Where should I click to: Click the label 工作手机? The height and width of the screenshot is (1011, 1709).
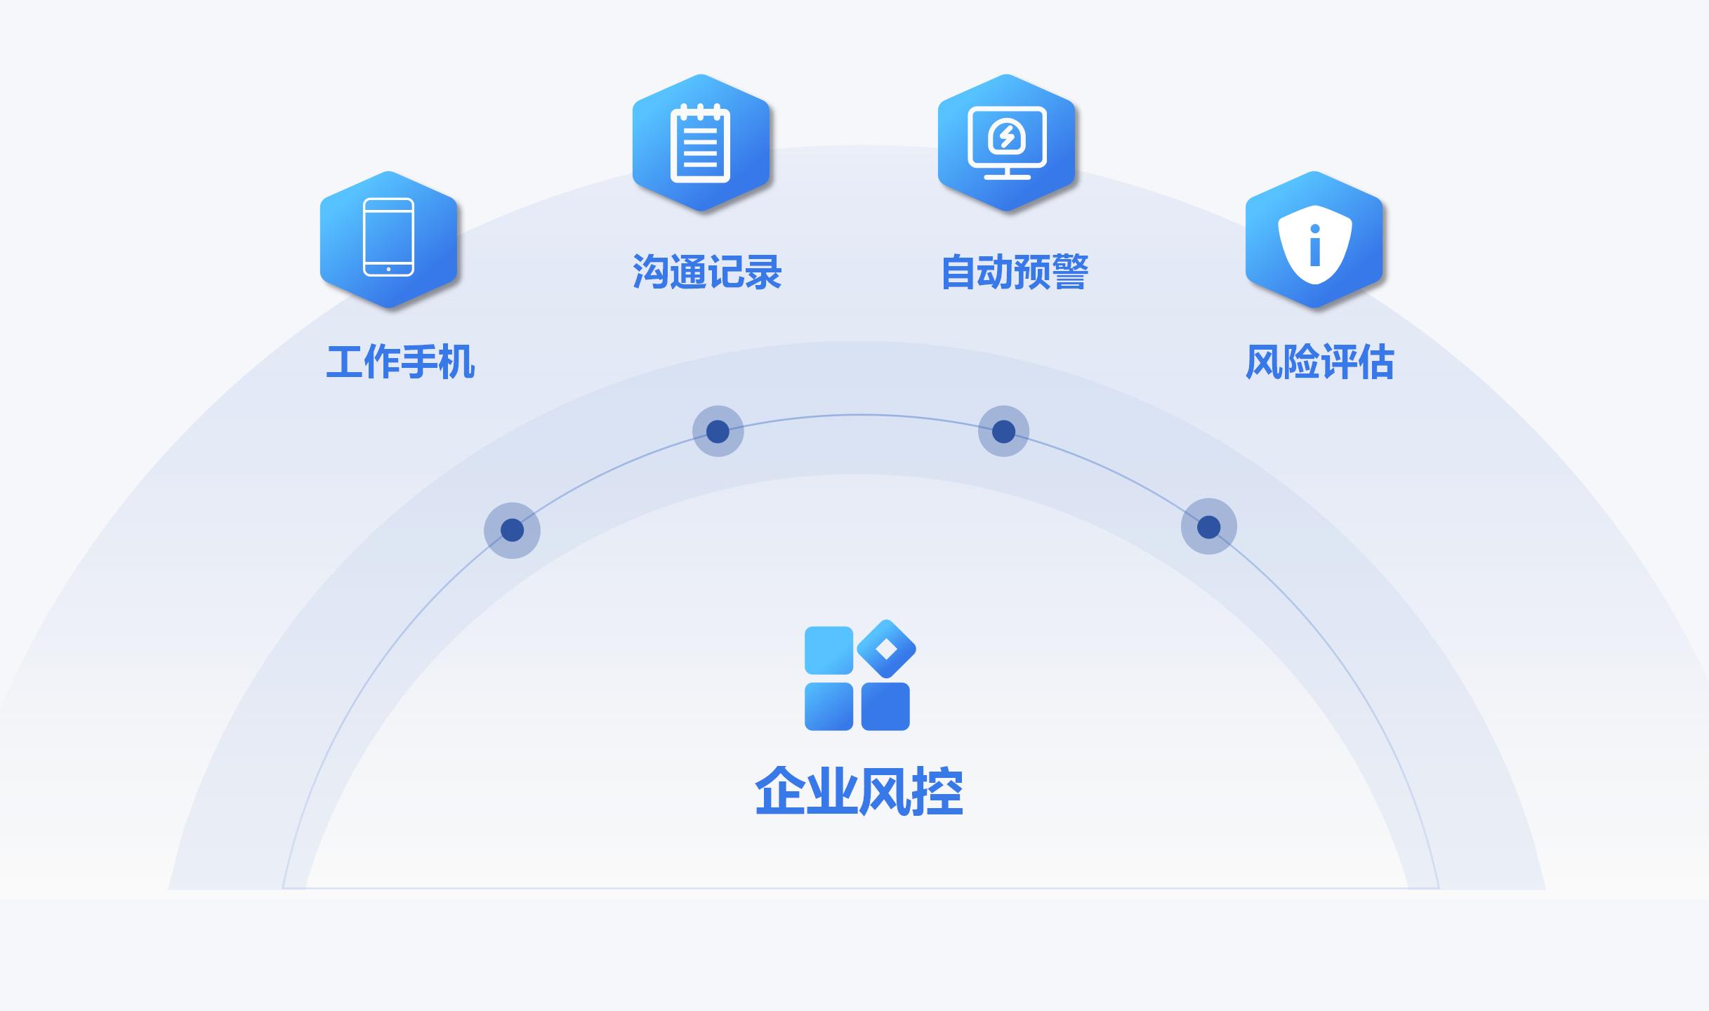pos(401,362)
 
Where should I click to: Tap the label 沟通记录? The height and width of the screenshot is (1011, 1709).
pos(707,272)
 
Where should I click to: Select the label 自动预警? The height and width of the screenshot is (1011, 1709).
pos(1015,272)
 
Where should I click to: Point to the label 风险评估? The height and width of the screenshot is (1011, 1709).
pos(1320,362)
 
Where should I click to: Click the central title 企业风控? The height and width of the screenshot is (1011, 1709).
pos(859,791)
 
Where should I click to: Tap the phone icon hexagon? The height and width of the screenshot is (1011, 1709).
pos(388,239)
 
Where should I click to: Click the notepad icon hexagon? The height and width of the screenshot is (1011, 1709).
pos(701,143)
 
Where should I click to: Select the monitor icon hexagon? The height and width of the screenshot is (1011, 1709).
pos(1007,143)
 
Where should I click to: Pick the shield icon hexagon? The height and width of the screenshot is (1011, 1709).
pos(1314,239)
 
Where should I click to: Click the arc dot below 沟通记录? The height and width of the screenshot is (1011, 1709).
pos(718,431)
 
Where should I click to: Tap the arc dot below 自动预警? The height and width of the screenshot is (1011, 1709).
pos(1003,431)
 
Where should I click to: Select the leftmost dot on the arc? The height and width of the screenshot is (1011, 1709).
pos(513,530)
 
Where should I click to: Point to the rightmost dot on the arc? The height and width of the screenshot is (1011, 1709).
pos(1208,527)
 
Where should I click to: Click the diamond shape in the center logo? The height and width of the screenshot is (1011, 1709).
pos(887,649)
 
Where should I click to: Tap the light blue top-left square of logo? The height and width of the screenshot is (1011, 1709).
pos(829,650)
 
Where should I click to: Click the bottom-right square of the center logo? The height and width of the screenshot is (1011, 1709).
pos(885,706)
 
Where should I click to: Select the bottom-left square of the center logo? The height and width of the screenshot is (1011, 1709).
pos(829,706)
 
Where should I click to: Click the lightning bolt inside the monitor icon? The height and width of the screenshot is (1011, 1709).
pos(1007,136)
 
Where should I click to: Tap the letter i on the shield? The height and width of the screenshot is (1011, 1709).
pos(1315,245)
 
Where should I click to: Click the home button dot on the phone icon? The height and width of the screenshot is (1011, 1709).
pos(388,269)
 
